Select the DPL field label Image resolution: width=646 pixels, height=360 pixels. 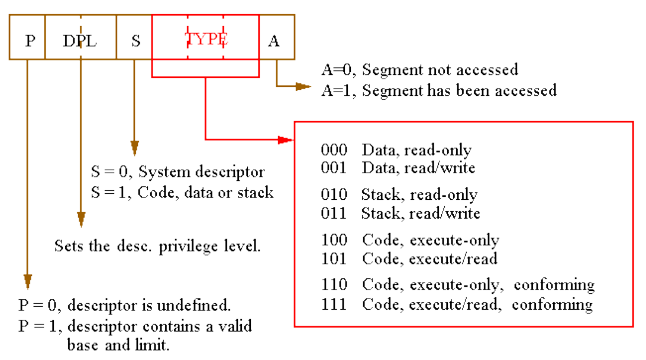click(x=80, y=41)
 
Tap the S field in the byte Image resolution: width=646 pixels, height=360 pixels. click(x=135, y=41)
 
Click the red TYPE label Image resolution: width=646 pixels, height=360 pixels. click(x=206, y=40)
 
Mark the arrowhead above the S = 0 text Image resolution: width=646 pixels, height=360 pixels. click(x=134, y=148)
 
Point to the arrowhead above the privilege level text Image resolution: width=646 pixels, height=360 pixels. click(x=81, y=220)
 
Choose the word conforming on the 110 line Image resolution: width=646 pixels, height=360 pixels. click(x=554, y=285)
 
